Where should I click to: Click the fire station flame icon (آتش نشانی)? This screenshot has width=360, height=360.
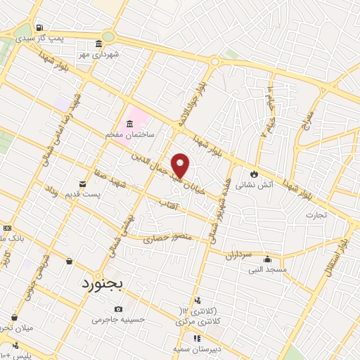tap(254, 174)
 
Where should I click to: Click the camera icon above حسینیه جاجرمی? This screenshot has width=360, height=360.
tap(118, 309)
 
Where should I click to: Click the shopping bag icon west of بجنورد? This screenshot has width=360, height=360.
tap(69, 262)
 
